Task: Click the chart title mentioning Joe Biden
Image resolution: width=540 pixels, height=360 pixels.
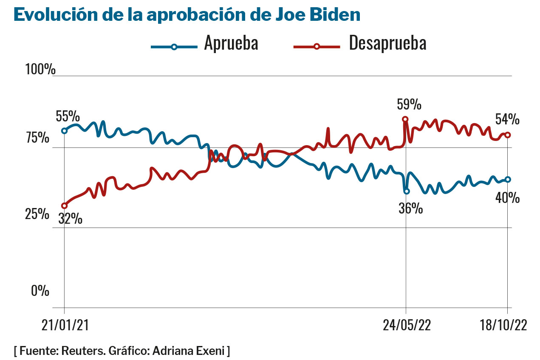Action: pos(187,15)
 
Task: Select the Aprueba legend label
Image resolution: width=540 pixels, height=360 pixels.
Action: pos(231,43)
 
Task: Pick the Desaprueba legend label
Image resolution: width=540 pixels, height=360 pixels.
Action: pos(387,43)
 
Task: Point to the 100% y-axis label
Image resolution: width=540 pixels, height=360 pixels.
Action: pos(40,69)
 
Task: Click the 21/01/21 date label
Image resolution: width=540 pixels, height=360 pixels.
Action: pos(65,325)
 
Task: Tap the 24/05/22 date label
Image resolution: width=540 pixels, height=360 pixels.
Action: pos(407,325)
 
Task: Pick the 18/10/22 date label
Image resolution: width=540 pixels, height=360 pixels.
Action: pos(503,325)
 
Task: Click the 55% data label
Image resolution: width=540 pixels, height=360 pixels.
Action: pos(68,116)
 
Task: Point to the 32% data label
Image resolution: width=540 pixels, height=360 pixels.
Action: pos(70,219)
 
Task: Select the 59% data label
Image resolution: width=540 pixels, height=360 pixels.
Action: pos(409,104)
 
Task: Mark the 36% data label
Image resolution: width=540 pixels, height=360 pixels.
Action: pos(410,208)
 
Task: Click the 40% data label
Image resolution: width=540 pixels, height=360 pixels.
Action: pos(507,198)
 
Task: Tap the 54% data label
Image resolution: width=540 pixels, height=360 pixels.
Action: pos(507,119)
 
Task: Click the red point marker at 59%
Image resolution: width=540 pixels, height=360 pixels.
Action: pos(405,119)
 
